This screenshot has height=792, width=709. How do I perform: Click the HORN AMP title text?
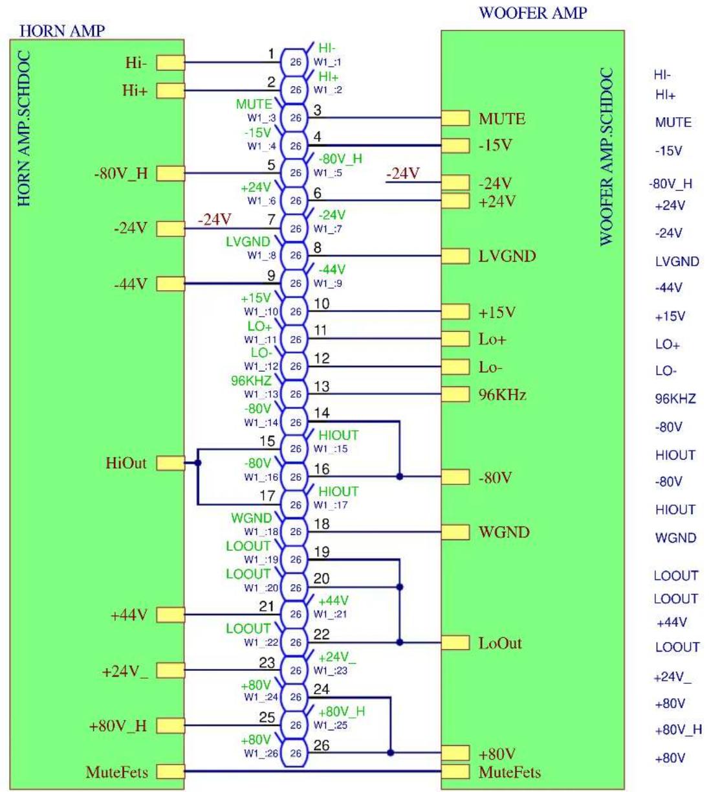(x=62, y=31)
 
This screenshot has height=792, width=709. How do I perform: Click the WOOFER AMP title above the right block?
(x=533, y=13)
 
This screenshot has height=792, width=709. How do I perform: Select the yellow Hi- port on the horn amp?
(x=170, y=63)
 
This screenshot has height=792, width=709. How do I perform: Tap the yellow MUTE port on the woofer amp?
(x=455, y=118)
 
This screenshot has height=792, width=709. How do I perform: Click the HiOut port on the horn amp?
(x=170, y=463)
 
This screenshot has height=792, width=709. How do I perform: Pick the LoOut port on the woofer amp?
(x=455, y=642)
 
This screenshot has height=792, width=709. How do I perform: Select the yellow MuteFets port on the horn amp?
(x=170, y=772)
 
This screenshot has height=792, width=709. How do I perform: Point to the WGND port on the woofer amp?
(x=455, y=532)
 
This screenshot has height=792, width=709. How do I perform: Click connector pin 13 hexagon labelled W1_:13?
(x=294, y=394)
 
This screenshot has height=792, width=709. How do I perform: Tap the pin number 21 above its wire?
(x=267, y=606)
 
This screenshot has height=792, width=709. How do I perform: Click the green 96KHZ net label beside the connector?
(x=251, y=380)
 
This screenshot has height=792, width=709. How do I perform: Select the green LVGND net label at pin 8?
(x=248, y=242)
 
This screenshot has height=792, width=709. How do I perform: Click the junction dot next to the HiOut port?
(x=198, y=463)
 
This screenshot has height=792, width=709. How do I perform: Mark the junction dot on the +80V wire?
(x=390, y=752)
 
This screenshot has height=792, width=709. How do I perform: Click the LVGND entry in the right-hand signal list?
(x=677, y=261)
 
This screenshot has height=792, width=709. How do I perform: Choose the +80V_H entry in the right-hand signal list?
(x=678, y=730)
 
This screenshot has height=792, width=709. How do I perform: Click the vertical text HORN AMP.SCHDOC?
(x=24, y=128)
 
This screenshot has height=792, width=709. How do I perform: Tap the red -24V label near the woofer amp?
(x=403, y=173)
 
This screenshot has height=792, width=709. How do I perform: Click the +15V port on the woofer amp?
(x=455, y=311)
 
